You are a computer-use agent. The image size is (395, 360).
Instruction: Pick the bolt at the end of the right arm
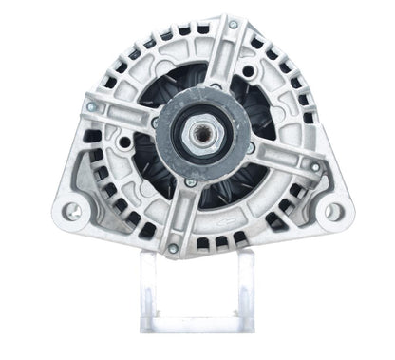315,167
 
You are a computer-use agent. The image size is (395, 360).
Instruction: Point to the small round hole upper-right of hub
249,71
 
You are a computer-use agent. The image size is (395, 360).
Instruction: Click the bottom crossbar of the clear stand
197,327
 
